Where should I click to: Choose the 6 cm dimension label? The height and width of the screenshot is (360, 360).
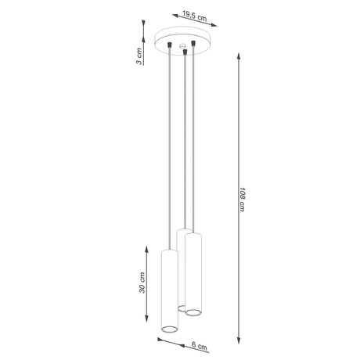201,344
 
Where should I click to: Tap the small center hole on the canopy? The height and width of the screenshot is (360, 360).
182,47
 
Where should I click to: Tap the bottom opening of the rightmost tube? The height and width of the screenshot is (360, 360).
193,313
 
